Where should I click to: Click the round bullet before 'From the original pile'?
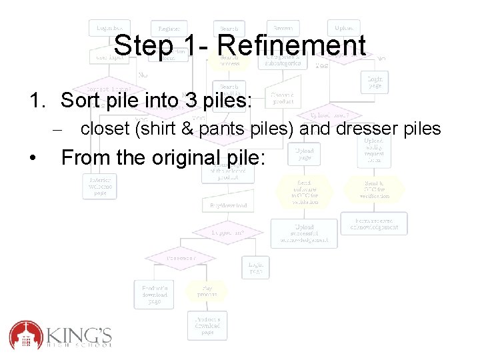(33, 159)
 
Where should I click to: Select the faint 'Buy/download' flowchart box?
(229, 205)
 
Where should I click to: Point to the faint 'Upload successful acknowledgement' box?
(303, 233)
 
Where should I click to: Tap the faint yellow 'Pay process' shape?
(205, 291)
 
